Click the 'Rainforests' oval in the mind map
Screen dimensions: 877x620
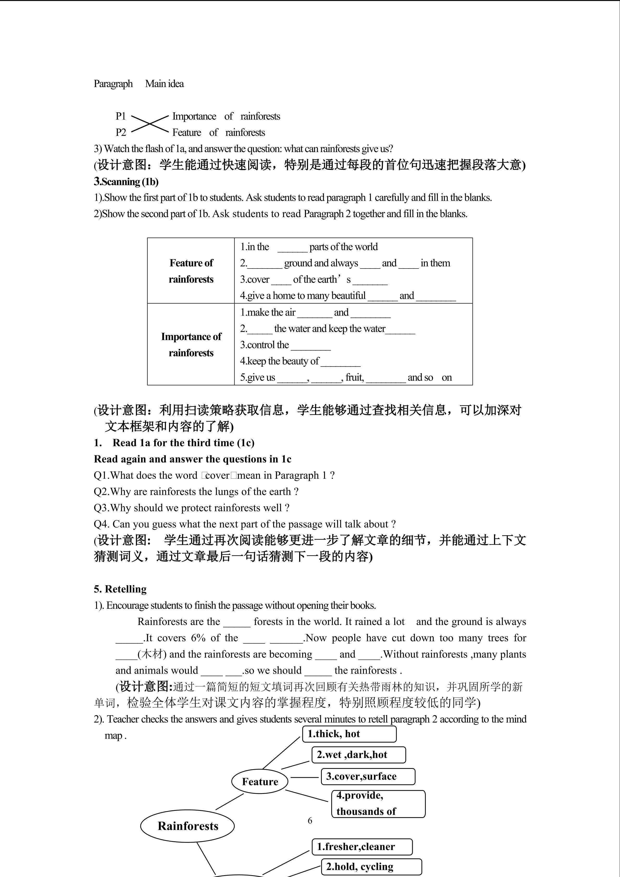187,826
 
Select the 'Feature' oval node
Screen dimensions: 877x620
260,781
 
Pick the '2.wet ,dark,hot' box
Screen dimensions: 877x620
359,755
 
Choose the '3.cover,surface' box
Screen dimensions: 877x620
368,776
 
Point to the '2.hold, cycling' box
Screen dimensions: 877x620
371,867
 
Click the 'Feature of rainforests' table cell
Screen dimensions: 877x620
191,271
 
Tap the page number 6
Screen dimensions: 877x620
310,820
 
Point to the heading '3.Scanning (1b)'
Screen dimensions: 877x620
126,182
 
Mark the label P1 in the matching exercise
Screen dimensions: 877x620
121,116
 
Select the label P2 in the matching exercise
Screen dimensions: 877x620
121,133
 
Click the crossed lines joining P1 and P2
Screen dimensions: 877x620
150,124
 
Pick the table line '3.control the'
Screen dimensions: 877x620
264,345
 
